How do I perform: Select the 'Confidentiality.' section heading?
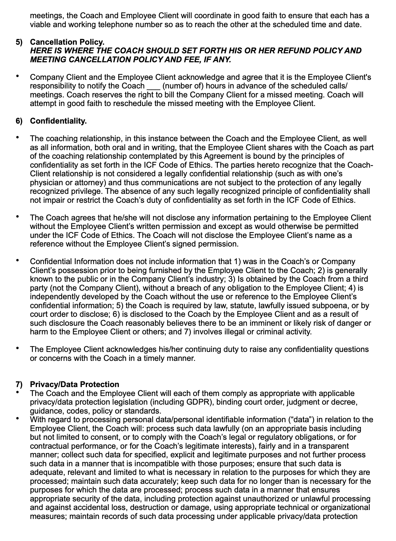coord(58,121)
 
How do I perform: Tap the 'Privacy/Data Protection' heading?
coord(74,384)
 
